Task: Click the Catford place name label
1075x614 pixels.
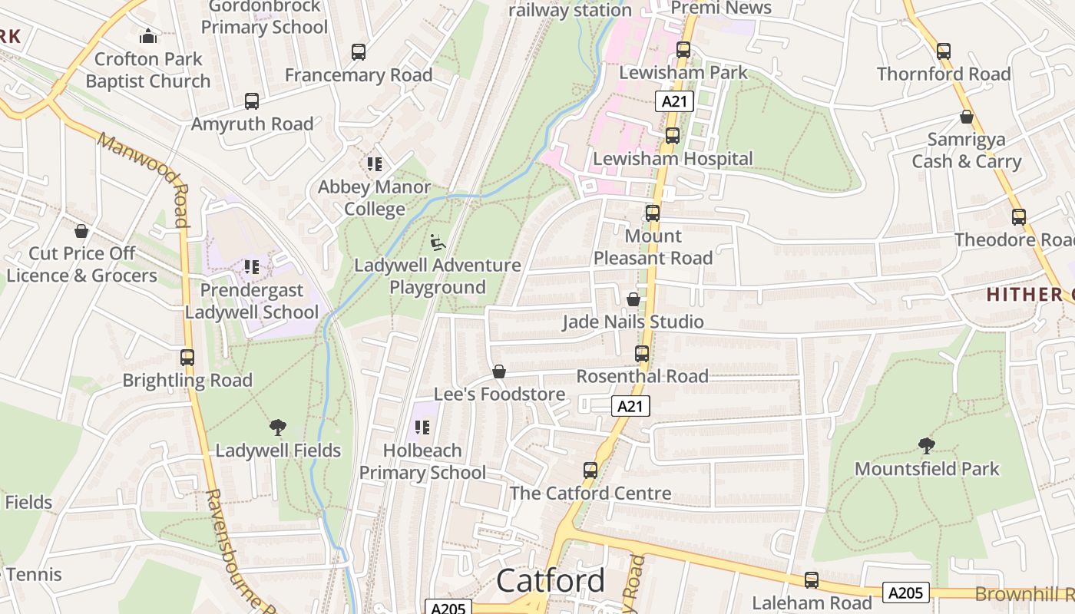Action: (x=551, y=581)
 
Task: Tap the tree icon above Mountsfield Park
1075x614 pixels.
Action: (x=927, y=445)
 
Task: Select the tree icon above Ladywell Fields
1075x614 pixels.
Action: (x=278, y=427)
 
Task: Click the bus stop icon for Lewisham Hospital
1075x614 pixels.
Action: (x=673, y=136)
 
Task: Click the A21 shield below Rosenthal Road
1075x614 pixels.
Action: (x=630, y=406)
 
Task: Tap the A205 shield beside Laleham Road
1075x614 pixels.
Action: (x=906, y=593)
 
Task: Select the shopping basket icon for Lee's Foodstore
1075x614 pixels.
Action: (x=499, y=371)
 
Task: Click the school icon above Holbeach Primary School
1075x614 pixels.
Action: (x=422, y=427)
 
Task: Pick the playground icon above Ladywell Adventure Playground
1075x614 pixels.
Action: (x=437, y=243)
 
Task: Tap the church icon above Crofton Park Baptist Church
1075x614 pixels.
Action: (x=147, y=35)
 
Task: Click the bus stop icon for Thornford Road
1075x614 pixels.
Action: (x=944, y=51)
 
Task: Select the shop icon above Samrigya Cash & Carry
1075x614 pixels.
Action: (x=967, y=117)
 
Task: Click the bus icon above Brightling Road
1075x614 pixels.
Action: (x=187, y=357)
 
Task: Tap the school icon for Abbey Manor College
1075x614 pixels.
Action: (x=375, y=163)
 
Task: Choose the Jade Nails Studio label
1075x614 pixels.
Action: (x=633, y=322)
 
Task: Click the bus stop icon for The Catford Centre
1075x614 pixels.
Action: (x=590, y=470)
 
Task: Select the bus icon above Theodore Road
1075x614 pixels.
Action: (x=1019, y=217)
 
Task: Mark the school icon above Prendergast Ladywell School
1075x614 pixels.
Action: (x=252, y=267)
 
